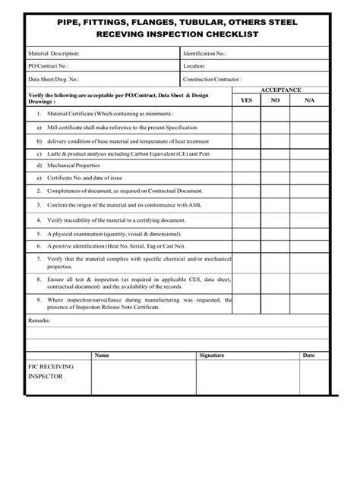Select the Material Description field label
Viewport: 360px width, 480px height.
[x=54, y=54]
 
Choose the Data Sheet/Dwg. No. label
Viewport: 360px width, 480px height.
[x=54, y=78]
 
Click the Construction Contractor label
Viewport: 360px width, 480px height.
[x=213, y=78]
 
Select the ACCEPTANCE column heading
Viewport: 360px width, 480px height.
[x=280, y=89]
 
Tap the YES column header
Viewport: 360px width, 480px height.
[x=246, y=99]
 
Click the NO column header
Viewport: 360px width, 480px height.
[x=276, y=99]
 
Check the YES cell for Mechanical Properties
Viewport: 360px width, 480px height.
[x=246, y=165]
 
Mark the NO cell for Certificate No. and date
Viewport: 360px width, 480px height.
[x=276, y=178]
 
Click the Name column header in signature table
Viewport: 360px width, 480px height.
[x=102, y=355]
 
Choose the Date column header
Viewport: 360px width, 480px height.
[x=309, y=355]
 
